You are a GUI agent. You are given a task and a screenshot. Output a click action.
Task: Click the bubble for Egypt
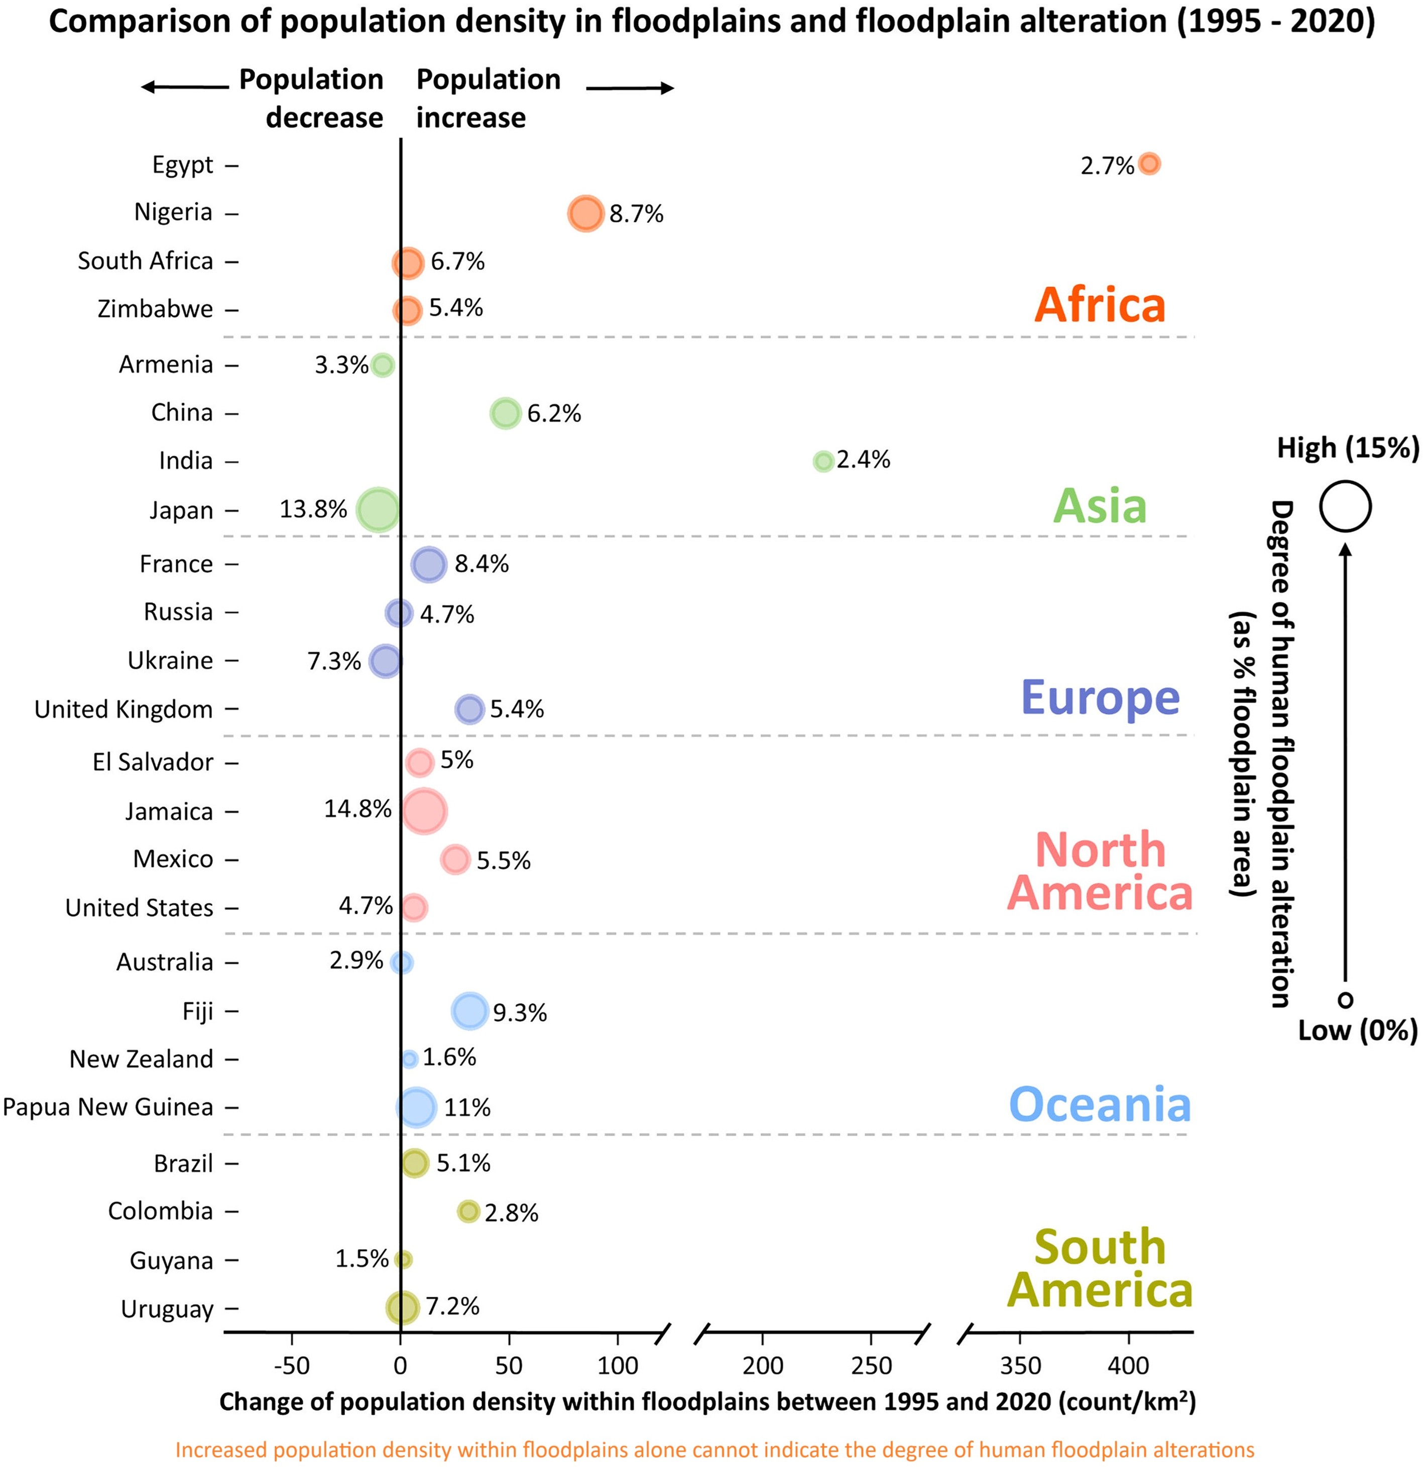pyautogui.click(x=1149, y=163)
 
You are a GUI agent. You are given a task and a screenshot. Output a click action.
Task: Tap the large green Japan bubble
pyautogui.click(x=378, y=510)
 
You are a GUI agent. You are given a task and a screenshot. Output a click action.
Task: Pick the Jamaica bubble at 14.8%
pyautogui.click(x=424, y=811)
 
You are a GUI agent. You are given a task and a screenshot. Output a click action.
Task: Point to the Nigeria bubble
pyautogui.click(x=585, y=214)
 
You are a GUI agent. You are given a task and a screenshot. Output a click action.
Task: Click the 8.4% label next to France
pyautogui.click(x=481, y=564)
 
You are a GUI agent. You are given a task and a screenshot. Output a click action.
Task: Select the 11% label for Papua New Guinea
pyautogui.click(x=467, y=1107)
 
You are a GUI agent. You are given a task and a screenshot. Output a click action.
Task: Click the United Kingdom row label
pyautogui.click(x=124, y=709)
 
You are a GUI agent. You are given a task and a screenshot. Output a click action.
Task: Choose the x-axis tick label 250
pyautogui.click(x=871, y=1366)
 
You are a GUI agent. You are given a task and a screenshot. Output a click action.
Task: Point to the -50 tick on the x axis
pyautogui.click(x=291, y=1366)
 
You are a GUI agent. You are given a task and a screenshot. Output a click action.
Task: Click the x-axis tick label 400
pyautogui.click(x=1128, y=1366)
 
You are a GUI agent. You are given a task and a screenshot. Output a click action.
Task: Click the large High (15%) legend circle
pyautogui.click(x=1345, y=506)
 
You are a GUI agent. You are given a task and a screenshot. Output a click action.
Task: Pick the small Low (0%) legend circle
pyautogui.click(x=1345, y=999)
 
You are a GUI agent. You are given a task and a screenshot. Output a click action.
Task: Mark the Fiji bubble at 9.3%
pyautogui.click(x=470, y=1011)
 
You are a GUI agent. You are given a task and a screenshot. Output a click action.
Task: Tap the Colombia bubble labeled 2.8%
pyautogui.click(x=468, y=1211)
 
